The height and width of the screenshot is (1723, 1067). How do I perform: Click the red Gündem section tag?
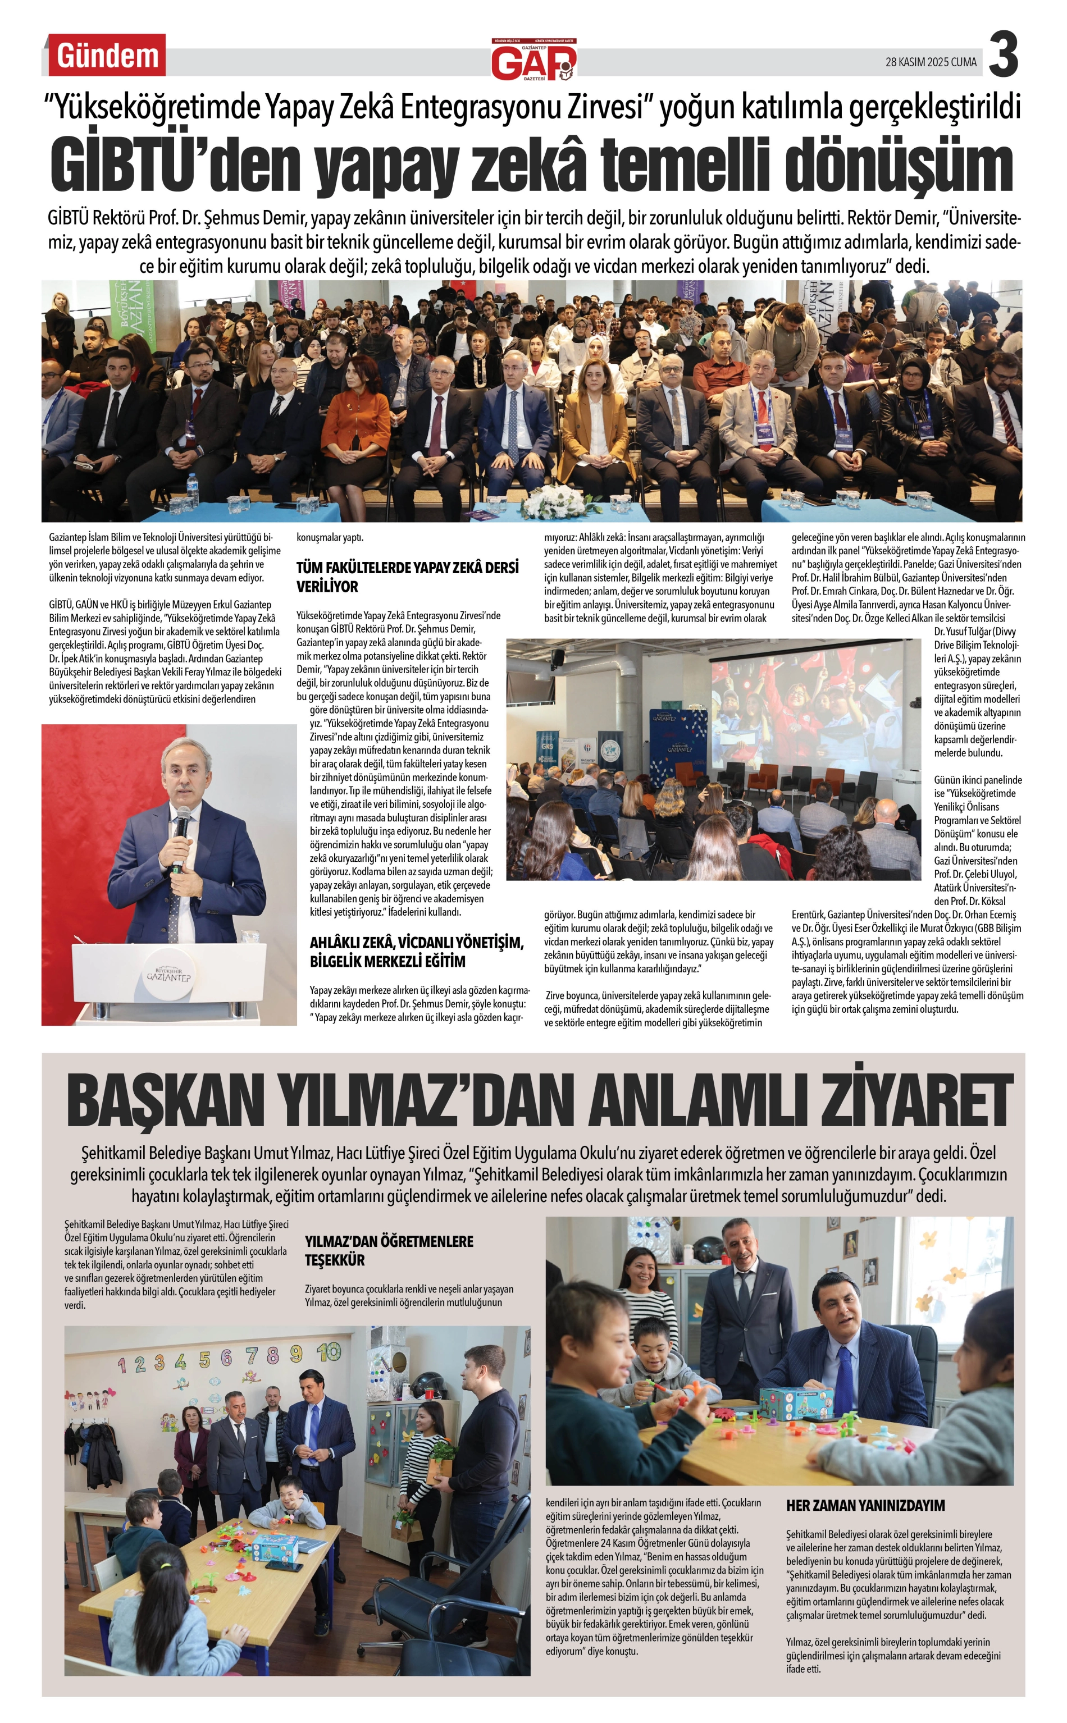click(x=107, y=55)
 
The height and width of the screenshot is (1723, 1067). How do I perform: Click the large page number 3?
click(x=1003, y=55)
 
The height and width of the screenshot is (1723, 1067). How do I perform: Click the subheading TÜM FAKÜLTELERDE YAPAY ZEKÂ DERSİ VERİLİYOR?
click(x=407, y=576)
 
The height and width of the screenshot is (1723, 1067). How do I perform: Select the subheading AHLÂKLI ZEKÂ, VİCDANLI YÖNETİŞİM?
click(x=416, y=952)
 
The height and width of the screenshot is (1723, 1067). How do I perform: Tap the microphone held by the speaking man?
click(x=182, y=826)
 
